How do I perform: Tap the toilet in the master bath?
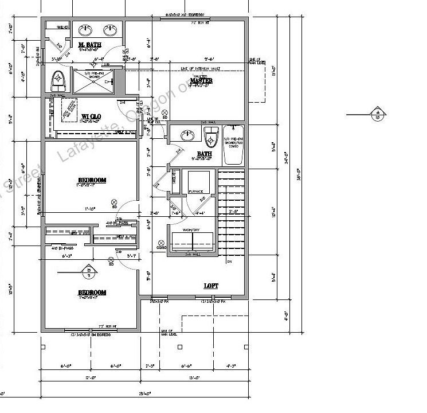57,79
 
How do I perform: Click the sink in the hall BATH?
186,136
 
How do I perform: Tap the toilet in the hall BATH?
210,137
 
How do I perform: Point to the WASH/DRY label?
190,230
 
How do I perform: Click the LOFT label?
211,285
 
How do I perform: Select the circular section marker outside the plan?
378,114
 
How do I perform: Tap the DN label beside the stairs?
229,262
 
